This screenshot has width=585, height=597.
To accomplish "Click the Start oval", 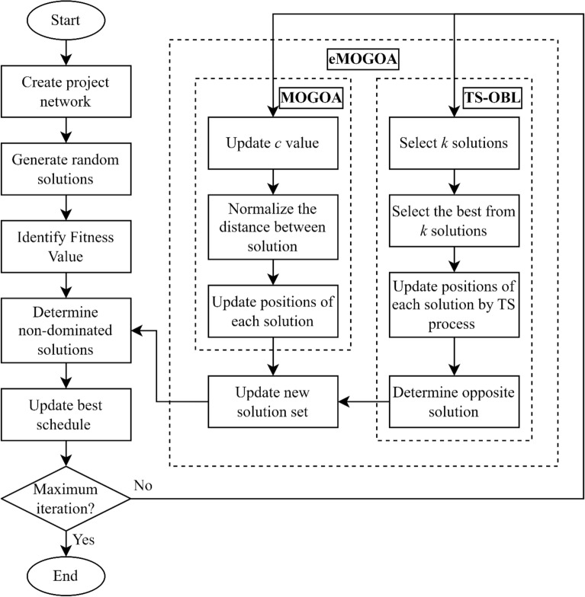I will point(66,20).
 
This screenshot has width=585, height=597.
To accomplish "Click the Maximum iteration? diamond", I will point(66,498).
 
